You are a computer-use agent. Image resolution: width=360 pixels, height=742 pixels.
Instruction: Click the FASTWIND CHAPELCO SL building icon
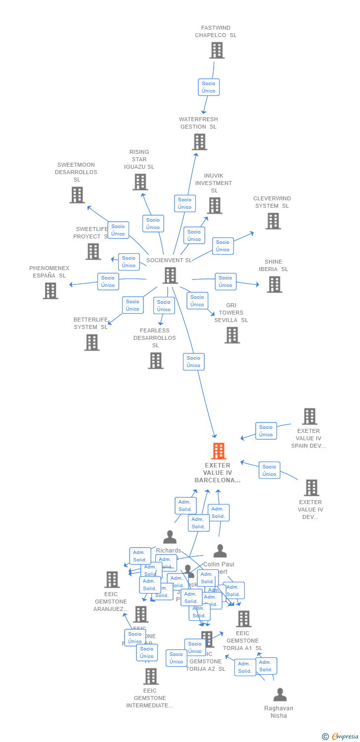pos(217,50)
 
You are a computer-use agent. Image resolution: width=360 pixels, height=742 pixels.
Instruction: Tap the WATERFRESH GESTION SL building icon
pos(199,142)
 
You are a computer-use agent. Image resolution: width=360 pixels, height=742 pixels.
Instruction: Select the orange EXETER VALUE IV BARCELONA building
pos(218,451)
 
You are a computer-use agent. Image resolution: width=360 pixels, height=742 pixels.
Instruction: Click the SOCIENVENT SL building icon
pos(170,276)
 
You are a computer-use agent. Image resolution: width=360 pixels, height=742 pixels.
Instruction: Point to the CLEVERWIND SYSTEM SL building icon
pos(273,221)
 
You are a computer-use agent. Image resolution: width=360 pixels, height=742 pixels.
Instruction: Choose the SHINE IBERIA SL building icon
pos(274,284)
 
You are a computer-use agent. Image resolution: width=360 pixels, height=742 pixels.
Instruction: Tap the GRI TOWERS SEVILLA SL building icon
pos(232,335)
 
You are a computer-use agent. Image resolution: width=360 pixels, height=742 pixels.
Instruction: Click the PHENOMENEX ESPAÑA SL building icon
pos(50,291)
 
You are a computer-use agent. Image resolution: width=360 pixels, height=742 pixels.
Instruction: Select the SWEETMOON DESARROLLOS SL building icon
pos(77,195)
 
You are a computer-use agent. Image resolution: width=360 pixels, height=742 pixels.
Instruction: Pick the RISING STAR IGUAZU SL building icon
pos(140,182)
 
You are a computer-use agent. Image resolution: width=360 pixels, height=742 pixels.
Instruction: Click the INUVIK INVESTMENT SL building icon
pos(215,205)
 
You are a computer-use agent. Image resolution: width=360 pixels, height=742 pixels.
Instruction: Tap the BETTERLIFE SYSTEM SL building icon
pos(91,342)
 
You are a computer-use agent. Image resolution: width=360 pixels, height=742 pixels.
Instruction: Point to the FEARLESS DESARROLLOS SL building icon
pos(156,361)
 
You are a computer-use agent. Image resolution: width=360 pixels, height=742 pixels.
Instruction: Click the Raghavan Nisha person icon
pos(280,695)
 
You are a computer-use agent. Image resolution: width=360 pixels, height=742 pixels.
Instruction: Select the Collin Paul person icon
pos(220,551)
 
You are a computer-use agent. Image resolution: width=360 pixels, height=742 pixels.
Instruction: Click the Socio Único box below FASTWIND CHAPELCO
pos(209,87)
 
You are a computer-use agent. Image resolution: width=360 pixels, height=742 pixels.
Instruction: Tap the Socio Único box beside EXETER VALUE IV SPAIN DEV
pos(266,431)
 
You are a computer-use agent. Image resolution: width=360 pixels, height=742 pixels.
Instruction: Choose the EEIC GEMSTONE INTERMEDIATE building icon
pos(151,676)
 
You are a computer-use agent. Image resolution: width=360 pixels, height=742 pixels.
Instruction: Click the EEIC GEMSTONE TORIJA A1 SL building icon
pos(243,619)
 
